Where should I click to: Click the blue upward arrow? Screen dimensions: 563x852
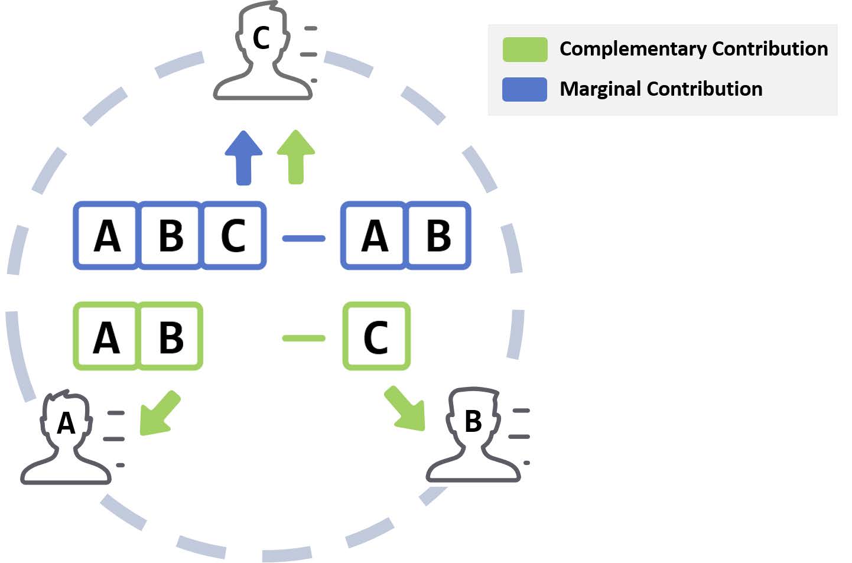click(x=243, y=158)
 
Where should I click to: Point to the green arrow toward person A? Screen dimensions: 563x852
click(x=158, y=414)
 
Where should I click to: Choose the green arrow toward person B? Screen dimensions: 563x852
click(x=406, y=409)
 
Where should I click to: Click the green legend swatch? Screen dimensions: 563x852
click(x=525, y=50)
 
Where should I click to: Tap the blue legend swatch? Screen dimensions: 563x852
click(x=525, y=90)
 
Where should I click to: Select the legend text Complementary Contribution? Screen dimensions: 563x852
click(x=693, y=49)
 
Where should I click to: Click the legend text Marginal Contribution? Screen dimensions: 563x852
click(x=661, y=89)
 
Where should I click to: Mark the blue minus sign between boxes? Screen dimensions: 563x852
click(x=304, y=239)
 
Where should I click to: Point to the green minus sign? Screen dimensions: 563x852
click(x=304, y=339)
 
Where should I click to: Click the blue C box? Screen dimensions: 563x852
click(x=233, y=236)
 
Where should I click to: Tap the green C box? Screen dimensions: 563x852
click(x=376, y=337)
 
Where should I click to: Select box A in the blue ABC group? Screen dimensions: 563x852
click(x=107, y=236)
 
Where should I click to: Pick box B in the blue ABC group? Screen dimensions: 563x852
click(x=171, y=236)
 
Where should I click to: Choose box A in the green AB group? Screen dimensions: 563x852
click(x=106, y=337)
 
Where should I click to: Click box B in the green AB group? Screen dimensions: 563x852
click(x=171, y=337)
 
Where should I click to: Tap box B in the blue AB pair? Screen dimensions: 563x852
click(x=438, y=236)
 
